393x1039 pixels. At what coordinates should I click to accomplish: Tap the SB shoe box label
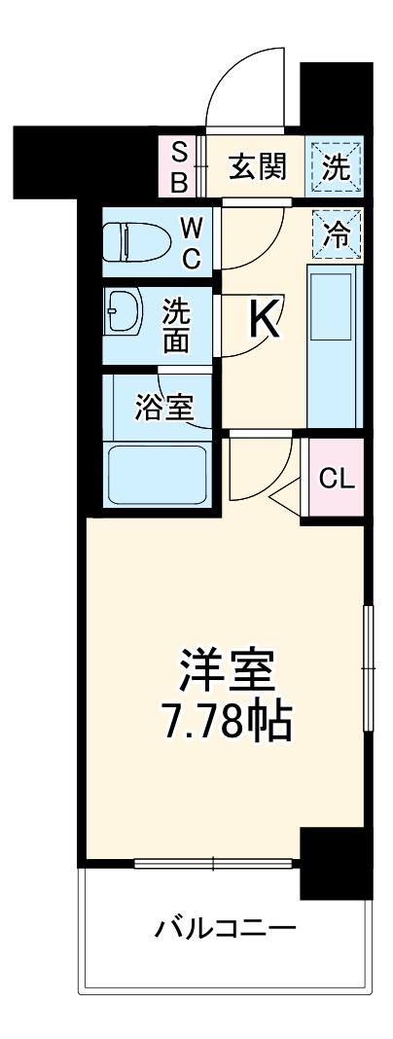click(180, 166)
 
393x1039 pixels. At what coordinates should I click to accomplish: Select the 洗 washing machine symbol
click(337, 166)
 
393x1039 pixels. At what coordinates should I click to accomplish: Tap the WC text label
click(192, 243)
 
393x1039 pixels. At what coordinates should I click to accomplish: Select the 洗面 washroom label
click(175, 326)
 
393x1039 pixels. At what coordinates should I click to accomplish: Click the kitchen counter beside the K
click(334, 345)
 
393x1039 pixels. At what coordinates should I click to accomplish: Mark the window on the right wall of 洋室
click(368, 667)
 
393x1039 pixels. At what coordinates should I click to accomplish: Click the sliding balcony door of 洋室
click(213, 862)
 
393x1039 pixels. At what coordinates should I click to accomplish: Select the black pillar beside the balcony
click(337, 864)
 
